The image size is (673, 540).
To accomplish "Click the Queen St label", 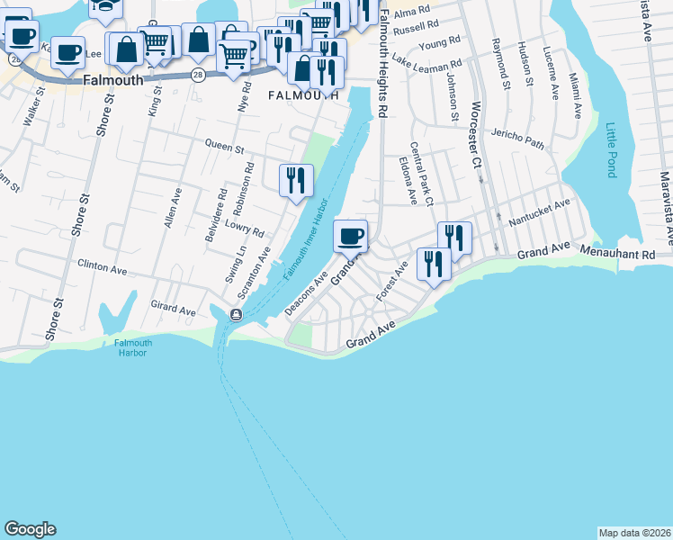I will (x=225, y=144).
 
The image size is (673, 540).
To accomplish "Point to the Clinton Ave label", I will (x=103, y=268).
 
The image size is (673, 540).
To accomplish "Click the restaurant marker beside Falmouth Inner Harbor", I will (x=296, y=180).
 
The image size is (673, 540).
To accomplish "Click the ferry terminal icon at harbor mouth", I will (x=236, y=314).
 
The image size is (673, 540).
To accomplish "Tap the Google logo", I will (x=30, y=529).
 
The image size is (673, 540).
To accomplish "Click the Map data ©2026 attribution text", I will (x=635, y=533).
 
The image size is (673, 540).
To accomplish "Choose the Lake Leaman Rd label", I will (x=426, y=65).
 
